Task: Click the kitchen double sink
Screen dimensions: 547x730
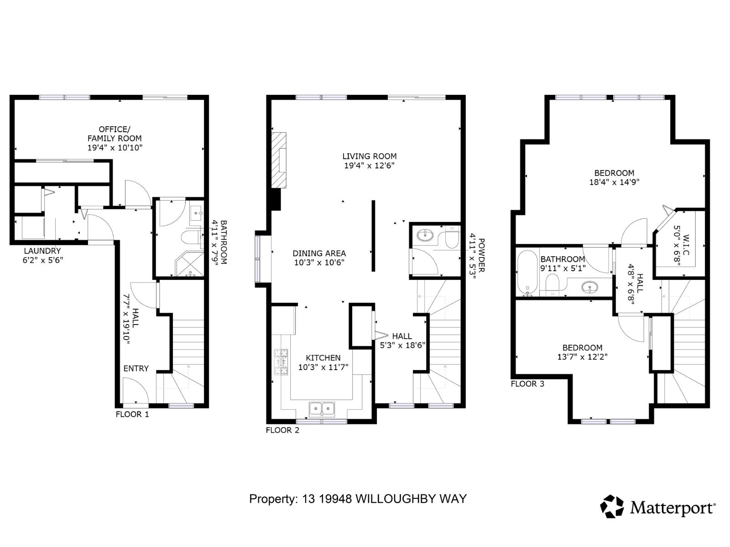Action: tap(322, 408)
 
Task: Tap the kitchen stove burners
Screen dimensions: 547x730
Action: tap(281, 362)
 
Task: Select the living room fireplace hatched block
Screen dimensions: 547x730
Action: tap(279, 160)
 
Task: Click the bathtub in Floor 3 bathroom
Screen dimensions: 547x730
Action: tap(528, 273)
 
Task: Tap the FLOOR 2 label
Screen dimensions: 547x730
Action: tap(282, 430)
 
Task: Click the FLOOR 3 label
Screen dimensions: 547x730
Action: tap(527, 384)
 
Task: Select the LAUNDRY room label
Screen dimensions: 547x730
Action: tap(42, 251)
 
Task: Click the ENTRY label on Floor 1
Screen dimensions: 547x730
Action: tap(136, 368)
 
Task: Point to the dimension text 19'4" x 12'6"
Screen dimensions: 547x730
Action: tap(369, 165)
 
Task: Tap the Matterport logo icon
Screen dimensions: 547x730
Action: tap(611, 506)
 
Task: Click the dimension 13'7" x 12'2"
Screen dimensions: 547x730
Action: tap(582, 357)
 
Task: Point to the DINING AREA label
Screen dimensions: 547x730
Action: tap(319, 253)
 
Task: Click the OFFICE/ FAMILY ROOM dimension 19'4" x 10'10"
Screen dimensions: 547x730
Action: tap(115, 148)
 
